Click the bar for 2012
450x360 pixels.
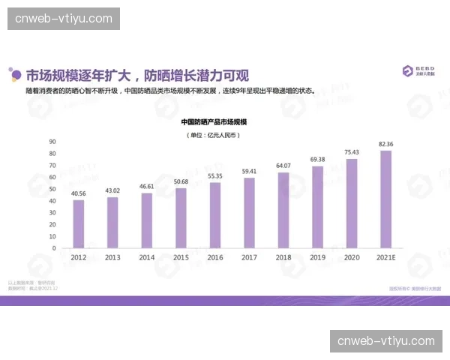79,223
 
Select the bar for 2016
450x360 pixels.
215,215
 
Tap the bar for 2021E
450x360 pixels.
386,199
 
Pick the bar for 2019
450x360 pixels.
317,207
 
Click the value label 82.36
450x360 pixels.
386,143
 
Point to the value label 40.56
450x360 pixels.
79,193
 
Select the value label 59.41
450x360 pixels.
249,171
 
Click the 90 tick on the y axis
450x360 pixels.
52,141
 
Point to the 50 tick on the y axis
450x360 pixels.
52,188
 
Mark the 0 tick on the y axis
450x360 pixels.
54,247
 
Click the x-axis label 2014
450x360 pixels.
147,257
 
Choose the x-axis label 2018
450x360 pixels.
283,257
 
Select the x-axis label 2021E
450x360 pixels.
386,257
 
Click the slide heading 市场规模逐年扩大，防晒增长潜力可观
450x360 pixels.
137,75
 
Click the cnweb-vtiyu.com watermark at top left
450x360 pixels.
63,18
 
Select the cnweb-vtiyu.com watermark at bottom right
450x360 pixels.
386,341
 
